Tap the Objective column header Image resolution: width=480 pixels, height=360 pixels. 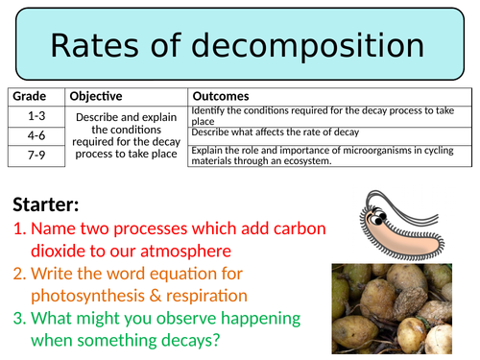[95, 96]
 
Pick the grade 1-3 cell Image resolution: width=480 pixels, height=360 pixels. [36, 113]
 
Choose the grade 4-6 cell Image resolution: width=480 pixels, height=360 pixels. [36, 133]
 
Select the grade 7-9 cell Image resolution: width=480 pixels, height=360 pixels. [36, 154]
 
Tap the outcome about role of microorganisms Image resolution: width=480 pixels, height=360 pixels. [317, 156]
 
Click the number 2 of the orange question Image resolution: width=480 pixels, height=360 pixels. [19, 273]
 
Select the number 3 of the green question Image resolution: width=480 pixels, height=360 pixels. [19, 317]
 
